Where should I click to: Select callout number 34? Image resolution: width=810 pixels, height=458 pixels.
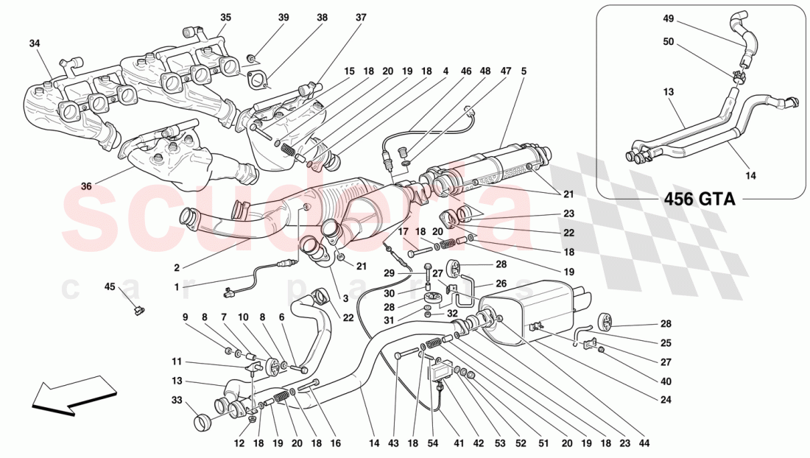pos(35,43)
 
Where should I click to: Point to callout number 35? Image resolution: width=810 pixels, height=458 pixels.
pos(225,17)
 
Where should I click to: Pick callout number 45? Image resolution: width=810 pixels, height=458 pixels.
pos(110,287)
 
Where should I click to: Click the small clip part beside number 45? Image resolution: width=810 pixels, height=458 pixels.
pos(137,310)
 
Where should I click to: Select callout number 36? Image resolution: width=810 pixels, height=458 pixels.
pos(86,186)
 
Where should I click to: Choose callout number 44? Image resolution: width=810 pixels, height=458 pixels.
pos(646,444)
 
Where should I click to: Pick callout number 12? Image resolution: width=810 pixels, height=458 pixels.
pos(239,444)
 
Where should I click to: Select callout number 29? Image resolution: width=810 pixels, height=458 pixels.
pos(390,273)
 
